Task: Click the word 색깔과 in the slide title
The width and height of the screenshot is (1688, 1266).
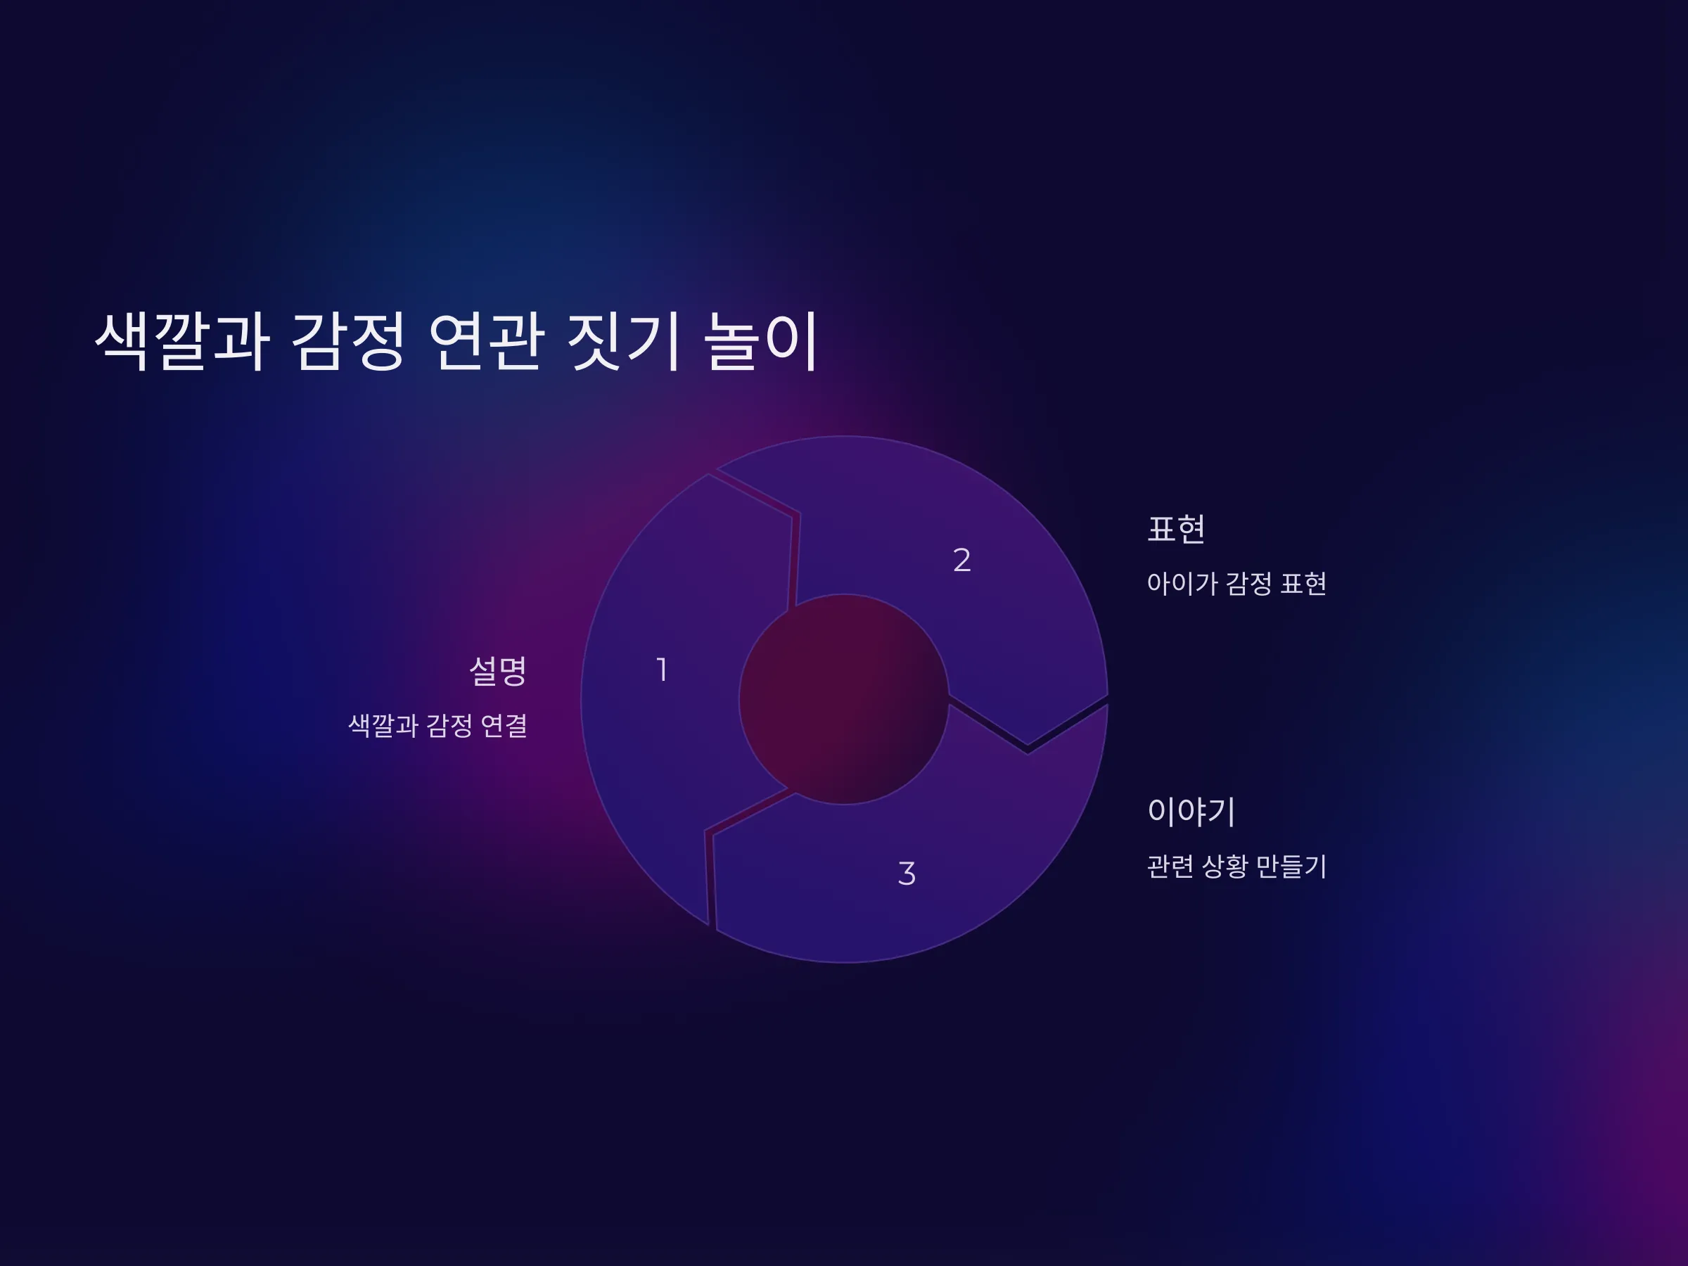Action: [x=182, y=341]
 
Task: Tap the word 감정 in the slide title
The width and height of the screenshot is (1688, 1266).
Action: [x=348, y=341]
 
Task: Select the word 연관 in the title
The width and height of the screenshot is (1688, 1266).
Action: [x=487, y=341]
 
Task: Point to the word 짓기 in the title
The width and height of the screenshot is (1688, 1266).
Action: [x=623, y=341]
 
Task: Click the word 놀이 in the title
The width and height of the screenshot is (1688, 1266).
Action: [x=761, y=341]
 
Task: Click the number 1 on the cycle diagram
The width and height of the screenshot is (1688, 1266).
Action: [x=663, y=670]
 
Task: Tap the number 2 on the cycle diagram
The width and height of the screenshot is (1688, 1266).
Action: [x=961, y=560]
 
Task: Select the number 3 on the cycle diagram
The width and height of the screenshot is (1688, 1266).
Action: [x=907, y=873]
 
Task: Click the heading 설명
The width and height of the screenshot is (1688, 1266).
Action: [x=498, y=672]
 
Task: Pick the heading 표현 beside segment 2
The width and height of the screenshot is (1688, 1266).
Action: [x=1176, y=529]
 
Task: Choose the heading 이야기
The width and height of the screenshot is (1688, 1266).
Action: [x=1191, y=811]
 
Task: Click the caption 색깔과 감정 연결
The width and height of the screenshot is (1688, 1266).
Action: [x=438, y=725]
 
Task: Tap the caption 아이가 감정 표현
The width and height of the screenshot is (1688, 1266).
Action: [x=1236, y=583]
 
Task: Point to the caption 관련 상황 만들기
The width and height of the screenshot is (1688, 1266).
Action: [x=1236, y=866]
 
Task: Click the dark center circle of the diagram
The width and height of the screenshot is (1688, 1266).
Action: [x=844, y=699]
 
